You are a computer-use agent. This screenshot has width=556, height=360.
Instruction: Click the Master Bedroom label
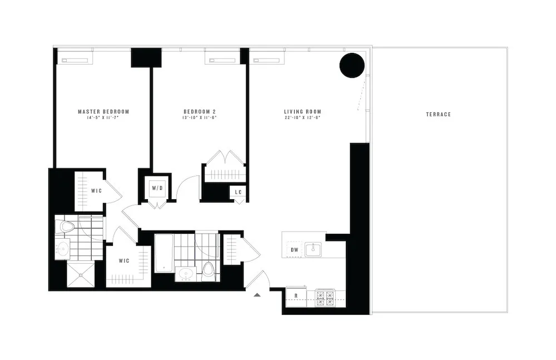[103, 111]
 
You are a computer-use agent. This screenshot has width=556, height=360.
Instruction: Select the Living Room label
[302, 111]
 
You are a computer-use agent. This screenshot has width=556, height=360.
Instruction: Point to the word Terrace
[438, 115]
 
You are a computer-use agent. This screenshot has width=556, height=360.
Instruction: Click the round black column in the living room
[352, 66]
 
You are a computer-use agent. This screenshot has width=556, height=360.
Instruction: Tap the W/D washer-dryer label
[157, 188]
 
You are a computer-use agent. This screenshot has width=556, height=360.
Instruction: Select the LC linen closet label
[239, 192]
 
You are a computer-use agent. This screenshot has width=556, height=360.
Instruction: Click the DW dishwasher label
[295, 250]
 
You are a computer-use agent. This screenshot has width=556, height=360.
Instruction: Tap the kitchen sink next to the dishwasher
[313, 248]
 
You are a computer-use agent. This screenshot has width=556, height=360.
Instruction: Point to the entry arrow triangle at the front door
[257, 294]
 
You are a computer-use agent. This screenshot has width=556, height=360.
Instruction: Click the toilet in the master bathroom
[67, 226]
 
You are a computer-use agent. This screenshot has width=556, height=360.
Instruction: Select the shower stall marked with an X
[81, 274]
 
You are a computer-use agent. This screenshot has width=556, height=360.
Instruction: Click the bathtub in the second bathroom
[163, 253]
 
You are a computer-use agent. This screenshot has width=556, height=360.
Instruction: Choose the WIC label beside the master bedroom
[97, 191]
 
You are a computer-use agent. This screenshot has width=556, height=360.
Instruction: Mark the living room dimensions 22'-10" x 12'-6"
[302, 118]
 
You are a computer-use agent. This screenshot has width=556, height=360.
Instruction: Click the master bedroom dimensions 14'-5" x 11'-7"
[103, 118]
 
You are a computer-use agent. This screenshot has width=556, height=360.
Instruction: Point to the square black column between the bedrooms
[146, 58]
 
